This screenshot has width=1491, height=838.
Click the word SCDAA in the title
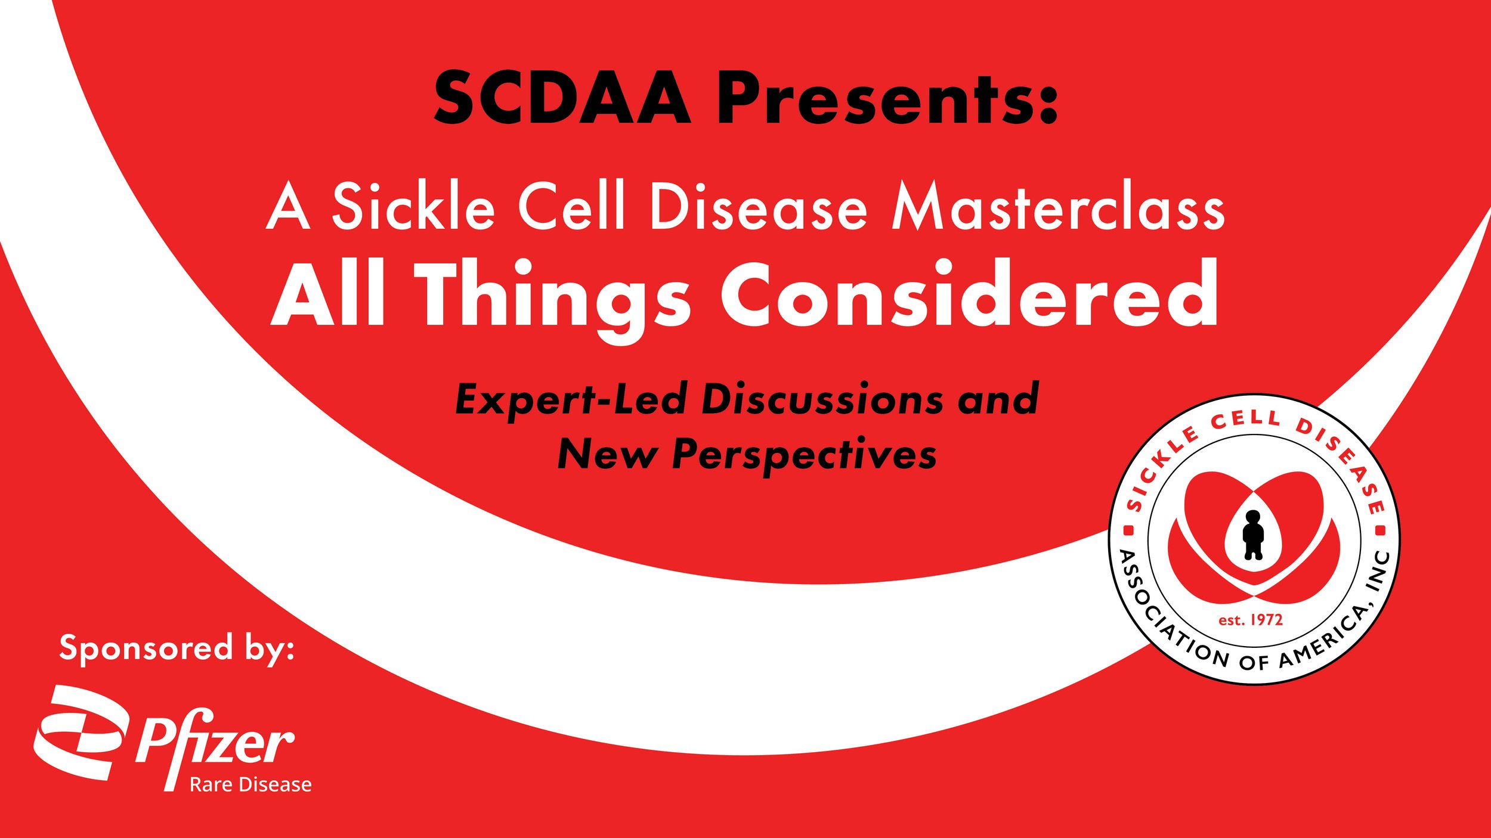[562, 98]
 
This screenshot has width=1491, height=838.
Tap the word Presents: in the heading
[887, 98]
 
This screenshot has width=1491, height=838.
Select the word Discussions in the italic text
[822, 399]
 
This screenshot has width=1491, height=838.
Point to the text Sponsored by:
[177, 648]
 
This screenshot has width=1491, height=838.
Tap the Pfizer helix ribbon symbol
[80, 733]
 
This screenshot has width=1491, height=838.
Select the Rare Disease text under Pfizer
[250, 785]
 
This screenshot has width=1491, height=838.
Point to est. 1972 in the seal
[1251, 620]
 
